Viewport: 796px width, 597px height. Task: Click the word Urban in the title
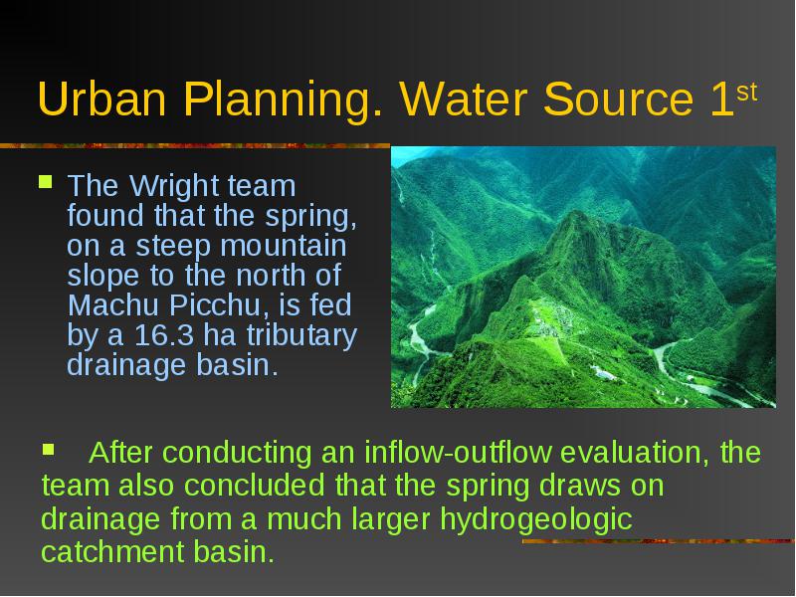coord(102,99)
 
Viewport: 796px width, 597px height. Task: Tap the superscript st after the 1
coord(747,93)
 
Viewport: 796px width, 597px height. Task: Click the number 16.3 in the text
coord(164,335)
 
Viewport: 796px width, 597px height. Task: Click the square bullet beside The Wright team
coord(45,182)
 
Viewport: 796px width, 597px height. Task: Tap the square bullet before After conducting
coord(48,449)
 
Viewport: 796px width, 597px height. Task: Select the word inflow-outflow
coord(458,452)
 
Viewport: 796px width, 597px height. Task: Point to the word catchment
coord(112,552)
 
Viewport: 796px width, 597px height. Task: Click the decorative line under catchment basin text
coord(659,541)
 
